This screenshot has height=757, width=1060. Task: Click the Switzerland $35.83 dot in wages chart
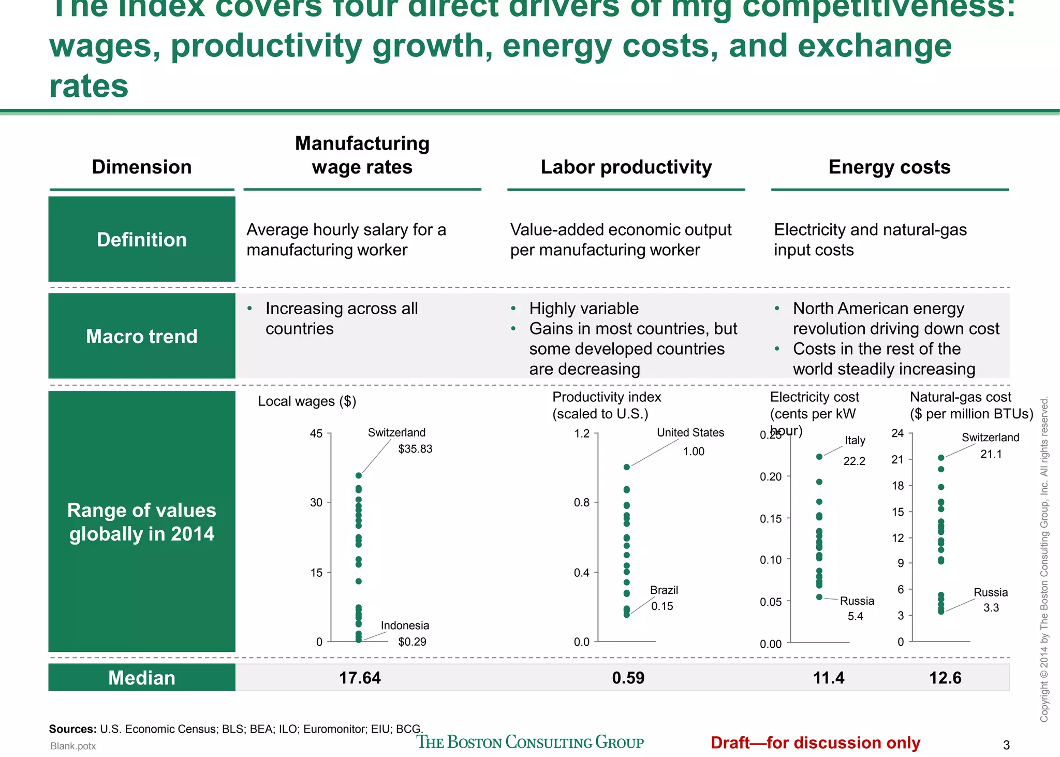[x=359, y=475]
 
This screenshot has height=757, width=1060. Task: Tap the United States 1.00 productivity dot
[x=627, y=467]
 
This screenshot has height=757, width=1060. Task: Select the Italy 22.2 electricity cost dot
[x=819, y=457]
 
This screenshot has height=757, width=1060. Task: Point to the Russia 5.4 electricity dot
[x=819, y=597]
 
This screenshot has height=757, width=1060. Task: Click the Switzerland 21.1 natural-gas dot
[x=941, y=457]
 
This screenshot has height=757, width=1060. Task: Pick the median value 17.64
[x=360, y=678]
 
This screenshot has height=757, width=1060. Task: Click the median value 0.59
[x=628, y=678]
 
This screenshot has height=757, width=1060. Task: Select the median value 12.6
[x=945, y=678]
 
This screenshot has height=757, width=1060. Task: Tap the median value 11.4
[x=828, y=678]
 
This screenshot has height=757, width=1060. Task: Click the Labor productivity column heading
[x=626, y=167]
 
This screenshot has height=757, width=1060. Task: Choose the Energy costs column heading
[x=889, y=167]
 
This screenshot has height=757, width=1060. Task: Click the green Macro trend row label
[x=142, y=336]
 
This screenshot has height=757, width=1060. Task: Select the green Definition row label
[x=142, y=240]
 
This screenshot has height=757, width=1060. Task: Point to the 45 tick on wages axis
[x=316, y=433]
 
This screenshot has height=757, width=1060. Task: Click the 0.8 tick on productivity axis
[x=582, y=502]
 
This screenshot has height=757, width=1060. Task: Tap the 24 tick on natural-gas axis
[x=897, y=433]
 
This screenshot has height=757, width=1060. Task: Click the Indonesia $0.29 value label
[x=412, y=642]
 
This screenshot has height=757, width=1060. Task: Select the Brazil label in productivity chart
[x=664, y=590]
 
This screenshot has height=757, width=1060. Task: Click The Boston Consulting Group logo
[x=530, y=742]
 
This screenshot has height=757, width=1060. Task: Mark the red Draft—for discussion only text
[x=815, y=743]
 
